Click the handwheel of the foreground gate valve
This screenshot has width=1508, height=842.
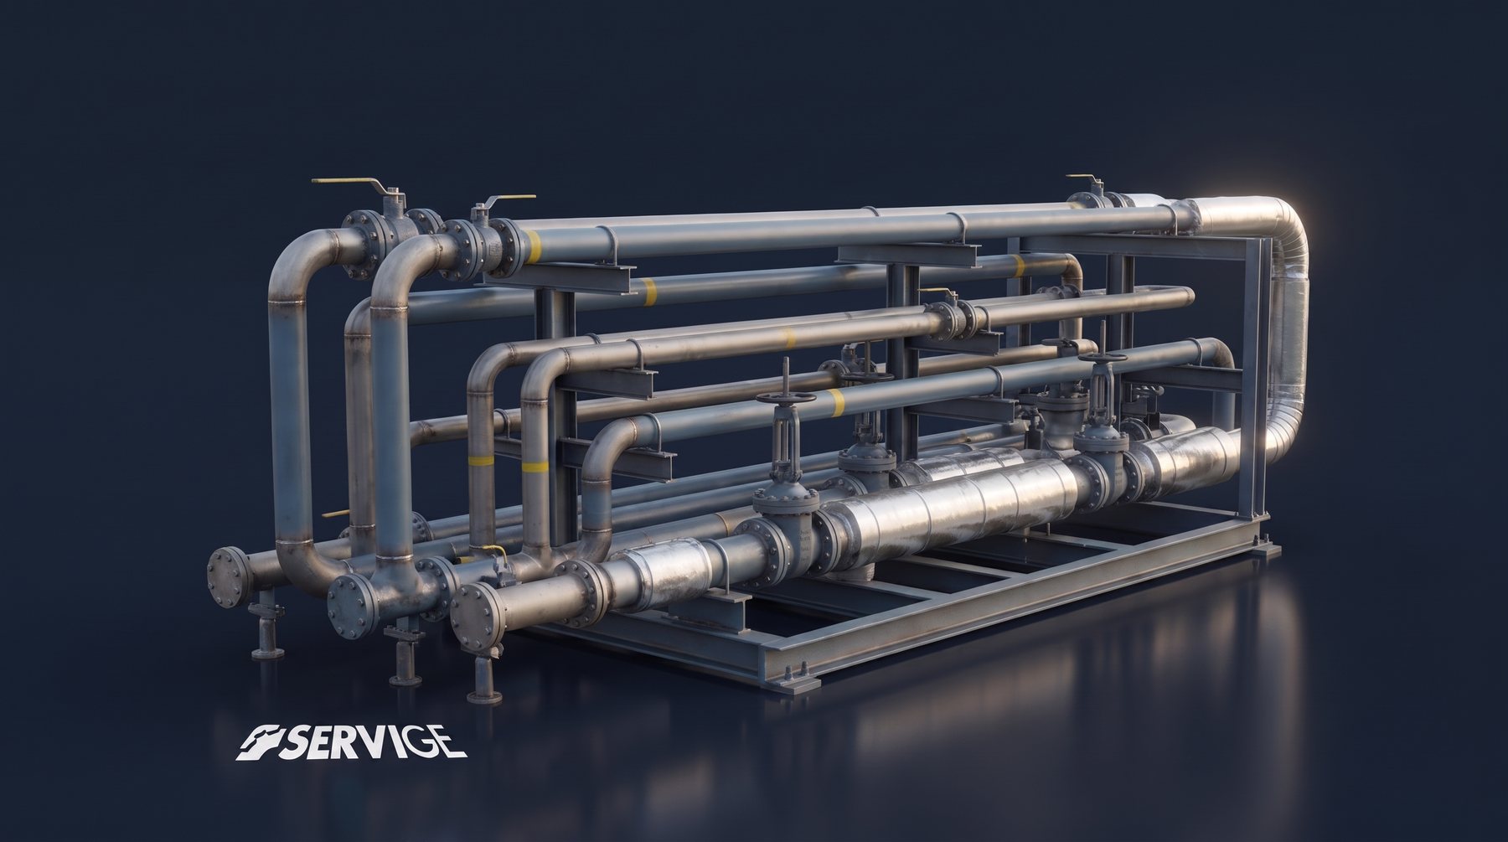point(785,398)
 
